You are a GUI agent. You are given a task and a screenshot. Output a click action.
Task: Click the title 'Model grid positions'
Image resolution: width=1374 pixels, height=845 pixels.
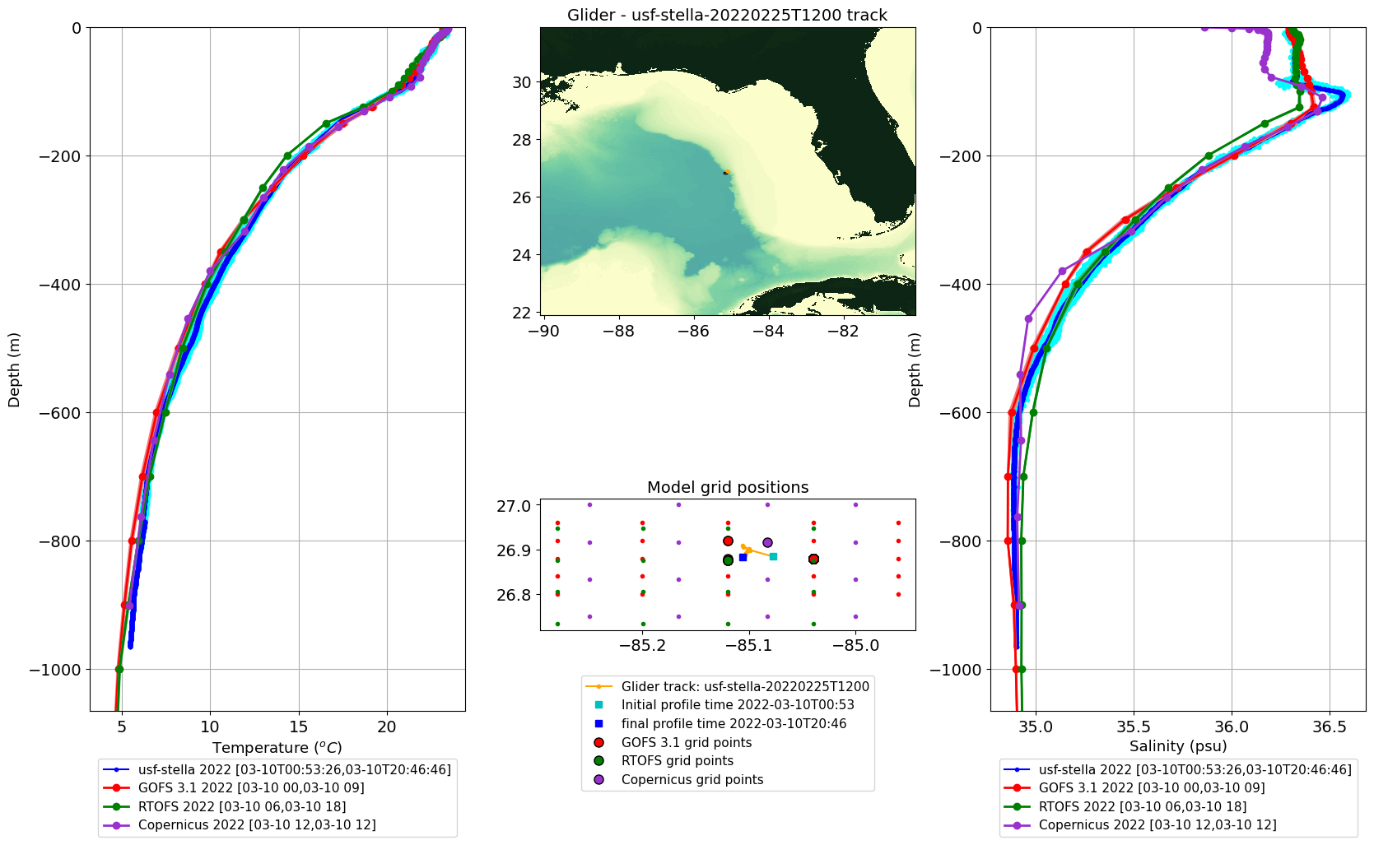click(x=728, y=487)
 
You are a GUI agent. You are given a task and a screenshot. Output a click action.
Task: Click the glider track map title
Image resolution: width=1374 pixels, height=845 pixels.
click(x=727, y=15)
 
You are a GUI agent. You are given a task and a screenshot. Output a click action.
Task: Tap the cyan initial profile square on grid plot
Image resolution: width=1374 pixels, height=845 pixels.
click(x=774, y=557)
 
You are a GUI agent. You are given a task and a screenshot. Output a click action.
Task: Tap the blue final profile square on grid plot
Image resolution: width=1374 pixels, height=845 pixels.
click(x=743, y=557)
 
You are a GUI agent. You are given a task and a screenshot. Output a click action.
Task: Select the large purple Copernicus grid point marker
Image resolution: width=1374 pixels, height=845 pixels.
click(x=767, y=543)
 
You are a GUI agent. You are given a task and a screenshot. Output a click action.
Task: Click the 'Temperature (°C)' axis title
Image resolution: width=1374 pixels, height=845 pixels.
click(x=277, y=747)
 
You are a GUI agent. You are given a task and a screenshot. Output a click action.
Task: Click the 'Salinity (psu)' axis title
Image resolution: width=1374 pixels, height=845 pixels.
click(x=1178, y=746)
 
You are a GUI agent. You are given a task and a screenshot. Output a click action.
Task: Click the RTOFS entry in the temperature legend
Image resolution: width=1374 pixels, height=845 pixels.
click(x=242, y=806)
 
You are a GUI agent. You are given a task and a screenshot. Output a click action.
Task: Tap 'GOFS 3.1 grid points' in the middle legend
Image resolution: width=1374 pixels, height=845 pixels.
click(x=687, y=743)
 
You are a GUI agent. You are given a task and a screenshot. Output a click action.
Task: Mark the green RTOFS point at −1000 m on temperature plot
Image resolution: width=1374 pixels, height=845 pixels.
click(x=119, y=669)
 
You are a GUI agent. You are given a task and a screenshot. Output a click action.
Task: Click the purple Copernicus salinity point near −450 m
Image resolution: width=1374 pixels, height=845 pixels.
click(x=1029, y=319)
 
